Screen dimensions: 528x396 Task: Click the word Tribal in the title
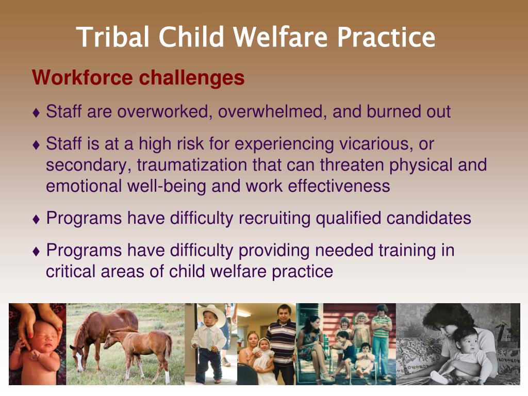click(113, 37)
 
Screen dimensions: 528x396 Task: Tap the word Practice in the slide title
click(386, 37)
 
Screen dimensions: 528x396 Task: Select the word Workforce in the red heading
click(82, 77)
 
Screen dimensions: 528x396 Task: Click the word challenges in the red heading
click(192, 78)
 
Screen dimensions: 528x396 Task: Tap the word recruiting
click(274, 218)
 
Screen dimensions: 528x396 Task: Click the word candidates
click(428, 218)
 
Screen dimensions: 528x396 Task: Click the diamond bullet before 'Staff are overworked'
click(37, 112)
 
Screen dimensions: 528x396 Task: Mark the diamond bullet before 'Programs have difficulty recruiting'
click(37, 219)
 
